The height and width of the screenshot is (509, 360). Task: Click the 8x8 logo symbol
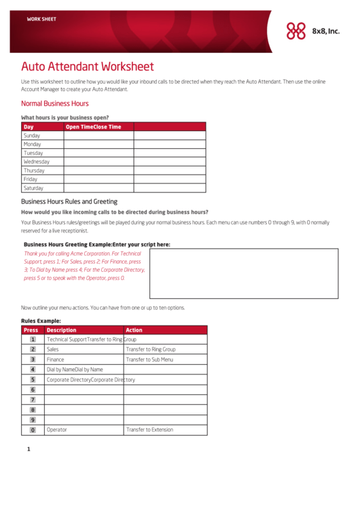[x=296, y=31]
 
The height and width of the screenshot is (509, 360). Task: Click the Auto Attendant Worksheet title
[x=87, y=67]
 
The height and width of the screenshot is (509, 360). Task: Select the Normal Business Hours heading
[x=54, y=103]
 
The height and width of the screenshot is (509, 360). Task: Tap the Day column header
[x=29, y=126]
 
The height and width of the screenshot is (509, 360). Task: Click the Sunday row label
[x=32, y=135]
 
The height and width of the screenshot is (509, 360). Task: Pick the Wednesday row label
[x=37, y=162]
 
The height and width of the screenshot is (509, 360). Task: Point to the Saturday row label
[x=33, y=188]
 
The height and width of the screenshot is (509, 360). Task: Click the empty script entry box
[x=243, y=273]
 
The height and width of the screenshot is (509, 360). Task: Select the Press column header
[x=31, y=330]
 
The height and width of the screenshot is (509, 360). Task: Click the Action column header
[x=134, y=330]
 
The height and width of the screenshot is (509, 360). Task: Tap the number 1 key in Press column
[x=33, y=339]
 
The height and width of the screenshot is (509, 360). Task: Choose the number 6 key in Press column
[x=33, y=390]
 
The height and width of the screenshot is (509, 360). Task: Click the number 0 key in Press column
[x=33, y=430]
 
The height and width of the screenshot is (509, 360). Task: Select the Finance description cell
[x=55, y=359]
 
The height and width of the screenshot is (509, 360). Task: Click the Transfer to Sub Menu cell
[x=149, y=359]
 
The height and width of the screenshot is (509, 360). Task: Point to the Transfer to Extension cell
[x=149, y=429]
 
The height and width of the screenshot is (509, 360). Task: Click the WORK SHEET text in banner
[x=41, y=19]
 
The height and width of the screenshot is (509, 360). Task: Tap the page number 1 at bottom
[x=29, y=449]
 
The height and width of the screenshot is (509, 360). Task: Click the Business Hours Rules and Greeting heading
[x=69, y=201]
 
